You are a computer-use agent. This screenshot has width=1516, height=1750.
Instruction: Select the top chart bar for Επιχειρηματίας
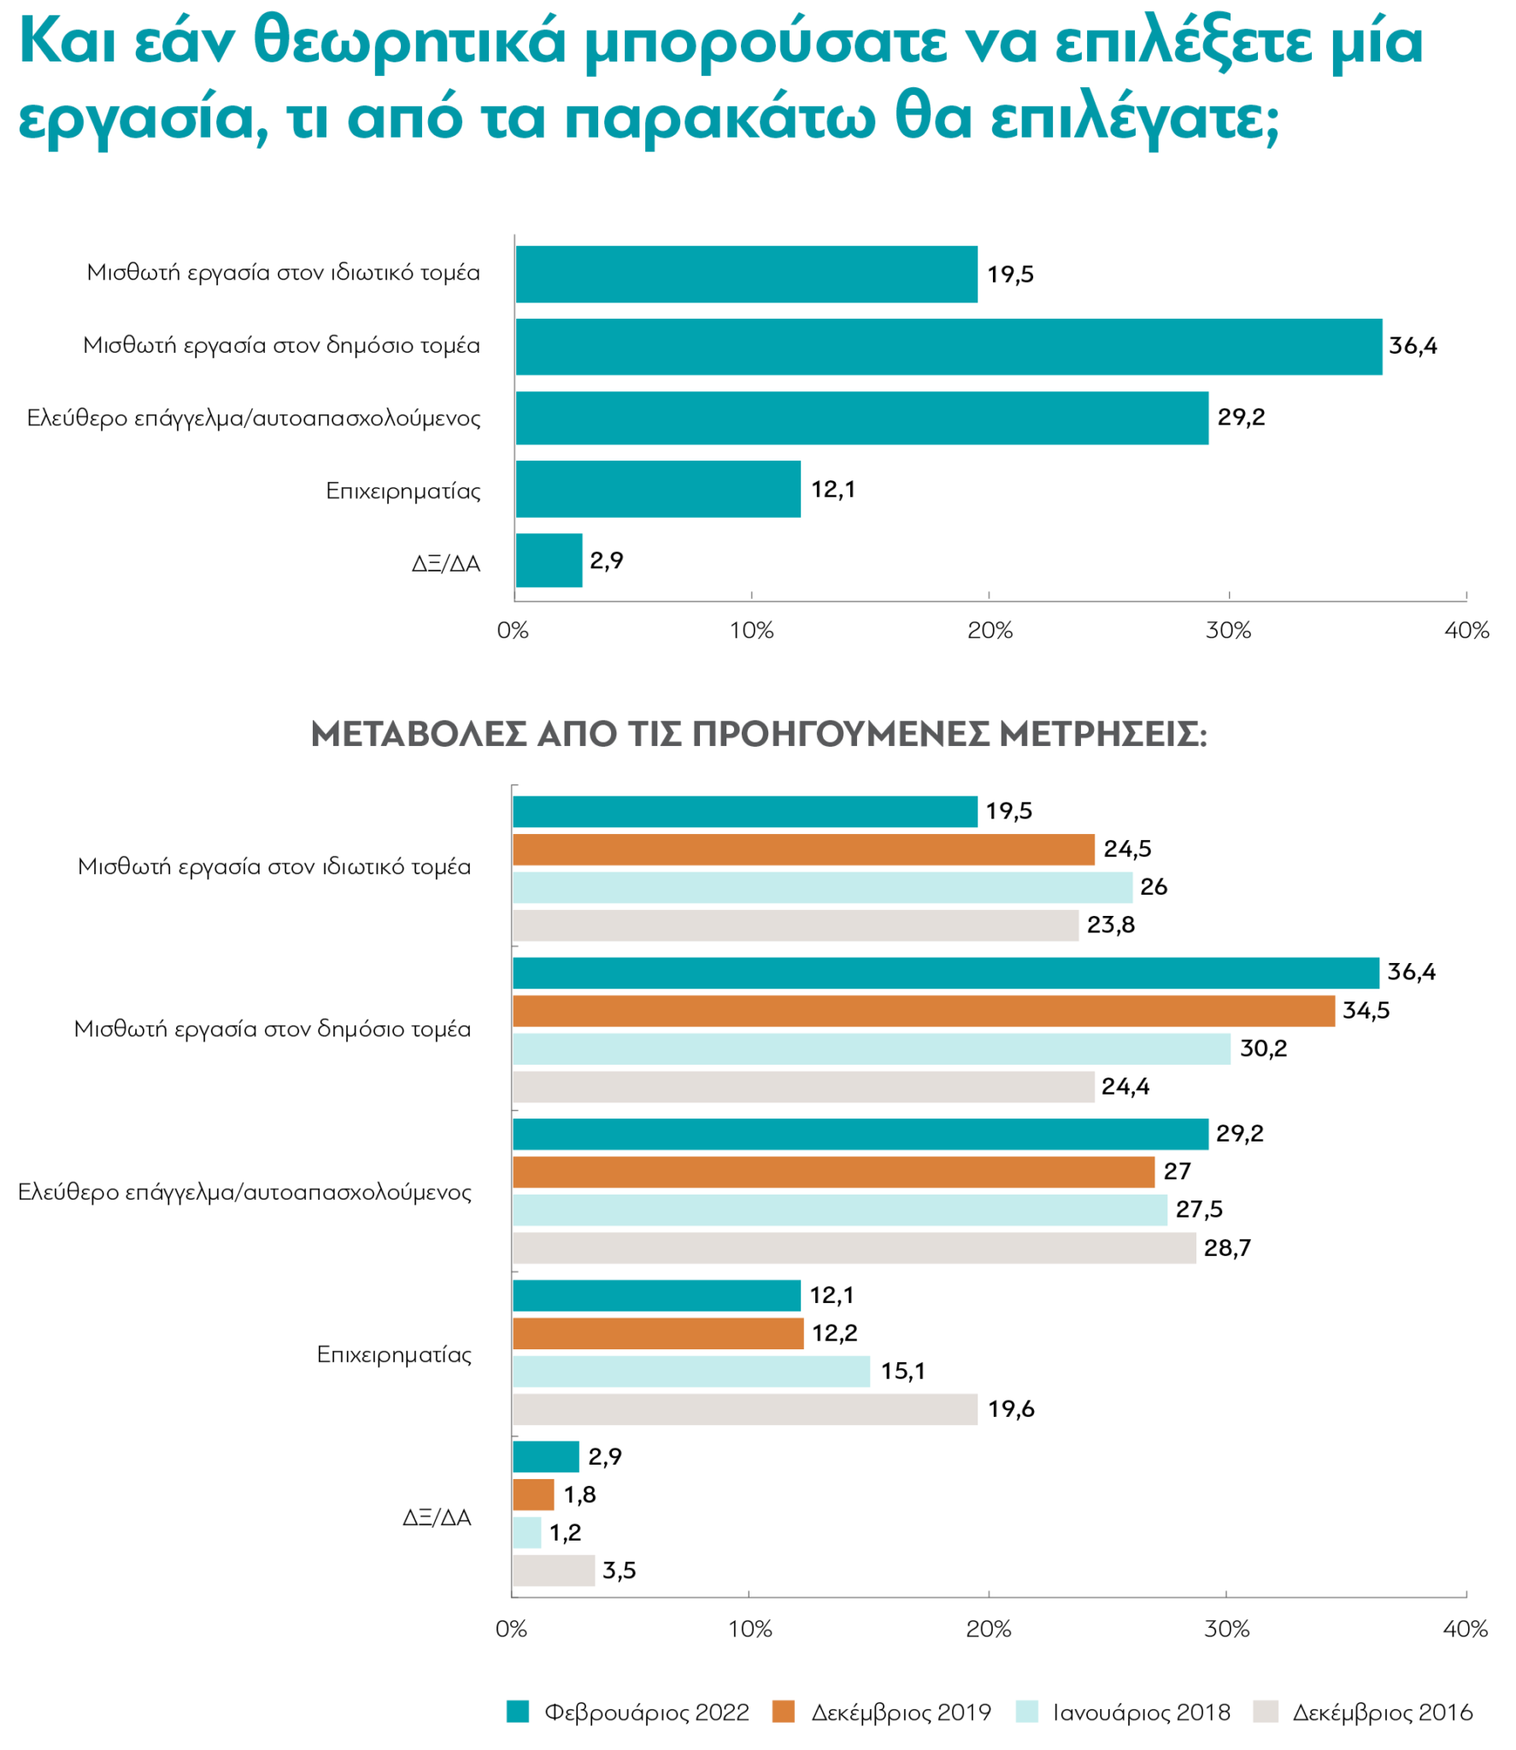[657, 489]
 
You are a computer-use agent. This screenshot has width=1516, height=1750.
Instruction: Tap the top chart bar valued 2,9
[548, 561]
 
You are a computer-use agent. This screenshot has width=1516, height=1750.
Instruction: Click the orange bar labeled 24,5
[802, 849]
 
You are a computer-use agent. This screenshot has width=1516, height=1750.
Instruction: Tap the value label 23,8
[1110, 925]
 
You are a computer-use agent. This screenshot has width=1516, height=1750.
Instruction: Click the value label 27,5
[1198, 1209]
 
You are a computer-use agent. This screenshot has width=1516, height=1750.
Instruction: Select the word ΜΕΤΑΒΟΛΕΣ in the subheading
[418, 734]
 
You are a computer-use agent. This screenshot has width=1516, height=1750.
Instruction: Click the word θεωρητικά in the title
[410, 41]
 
